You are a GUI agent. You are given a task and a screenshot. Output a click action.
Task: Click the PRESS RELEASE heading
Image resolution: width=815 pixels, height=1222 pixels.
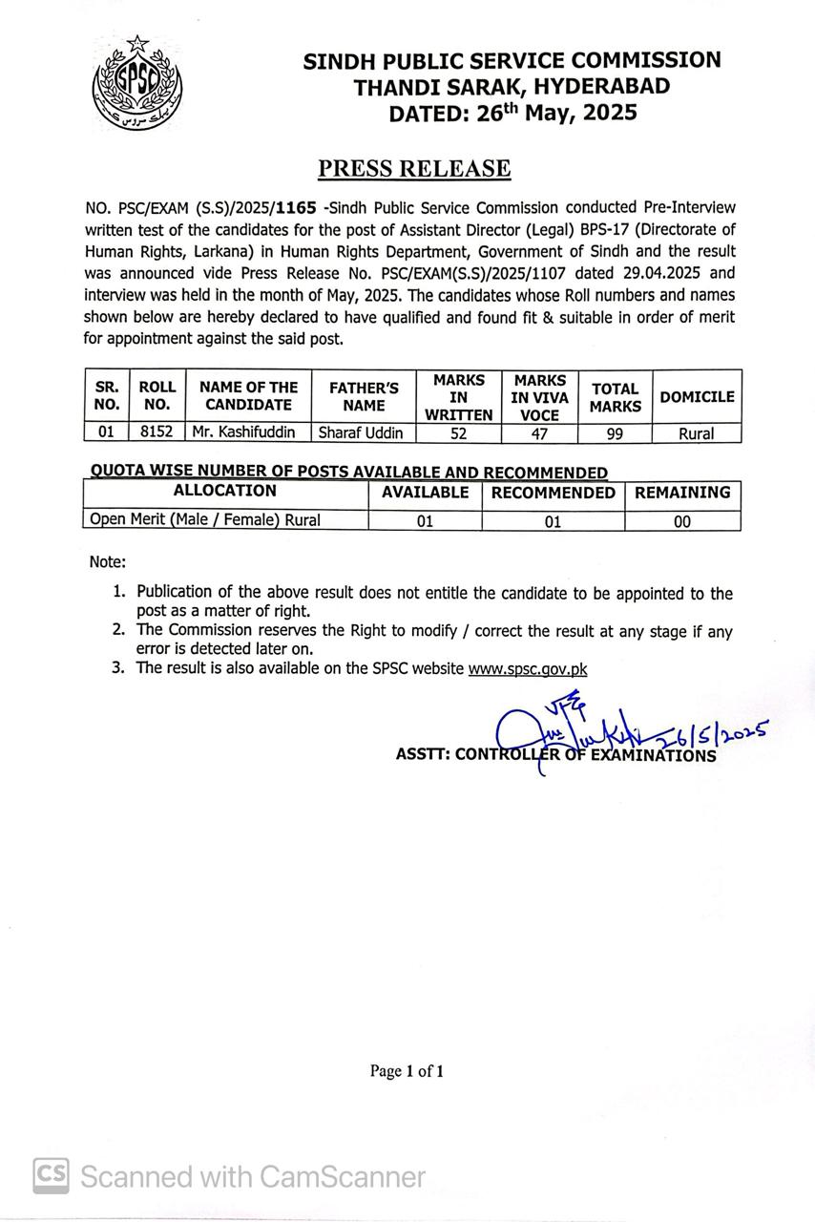pyautogui.click(x=414, y=169)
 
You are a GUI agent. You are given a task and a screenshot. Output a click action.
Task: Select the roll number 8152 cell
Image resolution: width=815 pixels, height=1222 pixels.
pyautogui.click(x=157, y=432)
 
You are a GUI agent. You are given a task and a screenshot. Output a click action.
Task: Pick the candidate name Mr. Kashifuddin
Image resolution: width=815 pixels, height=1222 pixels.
pyautogui.click(x=243, y=432)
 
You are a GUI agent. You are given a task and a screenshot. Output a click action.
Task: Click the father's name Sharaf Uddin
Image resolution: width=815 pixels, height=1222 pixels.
pyautogui.click(x=361, y=432)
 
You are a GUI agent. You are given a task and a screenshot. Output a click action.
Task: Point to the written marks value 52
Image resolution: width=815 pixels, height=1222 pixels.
pyautogui.click(x=458, y=432)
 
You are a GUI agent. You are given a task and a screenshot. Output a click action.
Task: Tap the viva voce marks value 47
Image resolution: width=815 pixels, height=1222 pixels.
pyautogui.click(x=539, y=432)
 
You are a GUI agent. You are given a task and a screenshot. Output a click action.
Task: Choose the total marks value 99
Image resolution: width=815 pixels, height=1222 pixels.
pyautogui.click(x=615, y=432)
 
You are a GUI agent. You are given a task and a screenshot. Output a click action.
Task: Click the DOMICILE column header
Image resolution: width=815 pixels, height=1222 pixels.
pyautogui.click(x=697, y=396)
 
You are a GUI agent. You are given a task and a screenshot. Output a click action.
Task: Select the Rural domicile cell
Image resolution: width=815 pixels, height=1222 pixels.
pyautogui.click(x=697, y=433)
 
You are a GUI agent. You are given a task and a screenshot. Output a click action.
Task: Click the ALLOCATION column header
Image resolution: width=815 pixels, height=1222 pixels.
pyautogui.click(x=225, y=492)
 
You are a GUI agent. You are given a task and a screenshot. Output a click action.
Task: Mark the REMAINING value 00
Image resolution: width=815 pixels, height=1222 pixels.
pyautogui.click(x=682, y=521)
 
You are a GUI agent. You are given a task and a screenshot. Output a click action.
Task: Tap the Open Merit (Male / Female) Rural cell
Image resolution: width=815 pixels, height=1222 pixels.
pyautogui.click(x=205, y=520)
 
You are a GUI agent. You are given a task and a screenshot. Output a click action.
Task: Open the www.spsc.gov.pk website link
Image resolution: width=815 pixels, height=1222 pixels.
pyautogui.click(x=527, y=669)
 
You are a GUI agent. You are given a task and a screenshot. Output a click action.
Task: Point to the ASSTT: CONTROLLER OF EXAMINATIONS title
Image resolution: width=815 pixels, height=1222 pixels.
pyautogui.click(x=555, y=755)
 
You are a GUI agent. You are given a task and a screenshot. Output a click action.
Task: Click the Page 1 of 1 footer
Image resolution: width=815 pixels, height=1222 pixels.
pyautogui.click(x=407, y=1071)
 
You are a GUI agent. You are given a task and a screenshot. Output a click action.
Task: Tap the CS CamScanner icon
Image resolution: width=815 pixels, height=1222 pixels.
pyautogui.click(x=52, y=1175)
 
